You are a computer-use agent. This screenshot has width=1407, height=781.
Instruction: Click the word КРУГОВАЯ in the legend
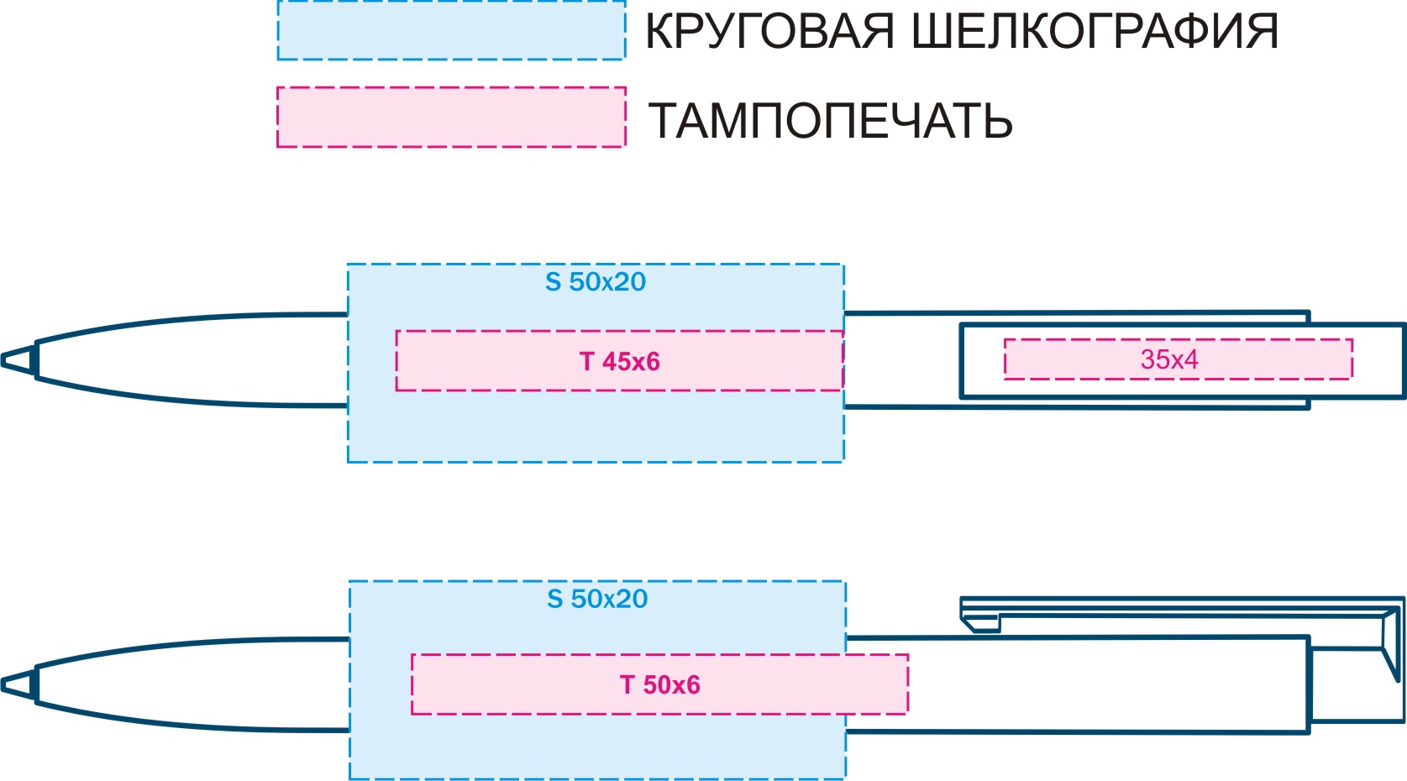point(769,32)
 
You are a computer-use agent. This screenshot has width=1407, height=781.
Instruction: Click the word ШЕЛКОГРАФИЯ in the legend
point(1095,32)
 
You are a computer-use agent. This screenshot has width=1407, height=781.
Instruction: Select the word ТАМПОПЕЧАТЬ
point(831,121)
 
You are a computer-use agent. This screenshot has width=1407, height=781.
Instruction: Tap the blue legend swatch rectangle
point(452,30)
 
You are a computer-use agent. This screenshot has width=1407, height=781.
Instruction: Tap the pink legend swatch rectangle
point(452,118)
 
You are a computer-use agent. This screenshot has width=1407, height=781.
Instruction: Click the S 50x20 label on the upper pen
point(596,282)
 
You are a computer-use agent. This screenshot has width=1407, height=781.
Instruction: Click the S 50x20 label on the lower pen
point(597,599)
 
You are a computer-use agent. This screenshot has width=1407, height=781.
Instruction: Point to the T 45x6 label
point(619,362)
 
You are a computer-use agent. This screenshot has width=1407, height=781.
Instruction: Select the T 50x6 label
point(660,684)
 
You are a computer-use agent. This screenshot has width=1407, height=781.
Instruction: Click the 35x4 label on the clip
point(1169,359)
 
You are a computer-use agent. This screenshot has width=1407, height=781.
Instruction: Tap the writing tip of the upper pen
point(18,360)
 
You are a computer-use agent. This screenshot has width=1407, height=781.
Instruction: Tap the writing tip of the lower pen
point(18,684)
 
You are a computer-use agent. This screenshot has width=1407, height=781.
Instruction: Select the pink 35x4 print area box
point(1179,359)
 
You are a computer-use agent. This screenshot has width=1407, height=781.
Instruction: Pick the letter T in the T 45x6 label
point(586,362)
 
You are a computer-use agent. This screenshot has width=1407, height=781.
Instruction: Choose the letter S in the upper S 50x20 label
point(553,282)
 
